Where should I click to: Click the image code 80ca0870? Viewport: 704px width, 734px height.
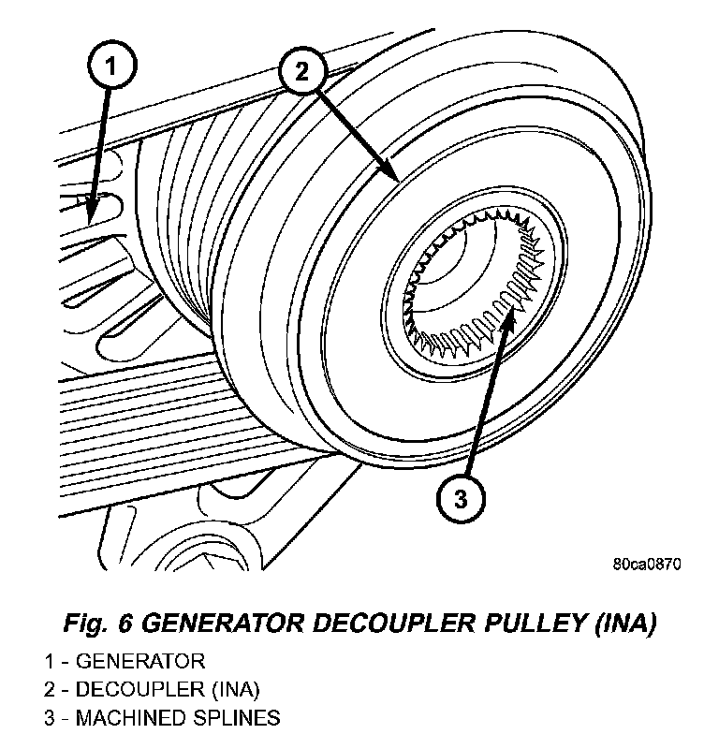[x=647, y=565]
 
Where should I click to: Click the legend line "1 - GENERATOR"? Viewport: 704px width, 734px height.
[x=124, y=662]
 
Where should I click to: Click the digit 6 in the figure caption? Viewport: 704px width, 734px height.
[x=126, y=623]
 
